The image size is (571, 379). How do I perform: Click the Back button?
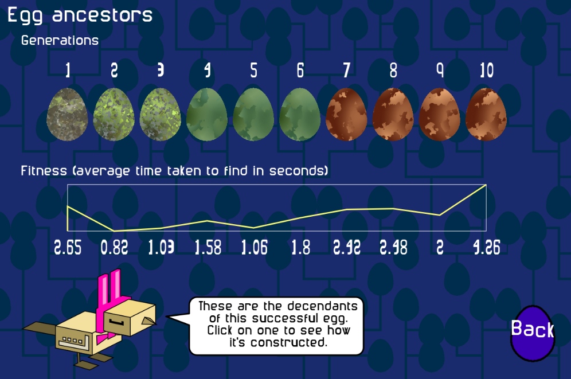click(533, 333)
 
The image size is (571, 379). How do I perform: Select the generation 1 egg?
click(68, 114)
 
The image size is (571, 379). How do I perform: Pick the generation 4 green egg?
click(207, 114)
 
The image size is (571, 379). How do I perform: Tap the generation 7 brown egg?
click(346, 114)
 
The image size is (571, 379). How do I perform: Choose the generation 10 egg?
click(486, 114)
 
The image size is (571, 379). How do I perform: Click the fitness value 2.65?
click(68, 248)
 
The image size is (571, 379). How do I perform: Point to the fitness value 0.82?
click(114, 248)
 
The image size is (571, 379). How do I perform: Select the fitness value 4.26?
click(487, 248)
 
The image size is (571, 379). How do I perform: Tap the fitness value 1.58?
click(208, 248)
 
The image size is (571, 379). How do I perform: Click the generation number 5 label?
click(254, 71)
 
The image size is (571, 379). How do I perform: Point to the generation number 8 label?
click(393, 71)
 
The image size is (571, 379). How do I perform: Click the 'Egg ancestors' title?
click(80, 15)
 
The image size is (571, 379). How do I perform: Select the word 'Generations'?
click(60, 40)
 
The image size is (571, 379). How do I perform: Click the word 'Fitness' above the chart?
click(44, 170)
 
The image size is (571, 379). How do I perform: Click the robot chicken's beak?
click(148, 321)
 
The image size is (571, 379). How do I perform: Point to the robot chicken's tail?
click(40, 327)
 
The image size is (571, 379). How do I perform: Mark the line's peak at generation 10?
click(486, 185)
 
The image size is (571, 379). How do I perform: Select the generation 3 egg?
click(160, 114)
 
